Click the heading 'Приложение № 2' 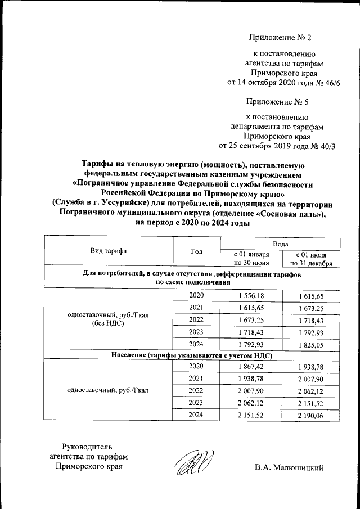[x=280, y=38]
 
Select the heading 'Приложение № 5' [x=277, y=102]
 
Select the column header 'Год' [x=197, y=251]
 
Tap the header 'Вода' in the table [x=281, y=244]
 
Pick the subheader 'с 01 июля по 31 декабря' [x=311, y=259]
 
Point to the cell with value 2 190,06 [x=311, y=416]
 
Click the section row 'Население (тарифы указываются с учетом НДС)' [x=191, y=355]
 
